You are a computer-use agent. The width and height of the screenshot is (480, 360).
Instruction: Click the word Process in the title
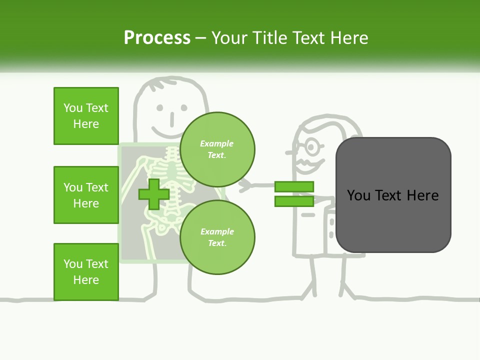[157, 38]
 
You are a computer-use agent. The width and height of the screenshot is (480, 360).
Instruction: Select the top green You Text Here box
[86, 116]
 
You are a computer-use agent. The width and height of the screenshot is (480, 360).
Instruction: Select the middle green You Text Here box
[86, 195]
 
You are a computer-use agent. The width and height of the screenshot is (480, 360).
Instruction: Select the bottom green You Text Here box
[86, 272]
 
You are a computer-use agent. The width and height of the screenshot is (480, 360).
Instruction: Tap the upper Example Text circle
[217, 149]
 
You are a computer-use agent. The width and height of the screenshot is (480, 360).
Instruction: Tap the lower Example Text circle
[217, 237]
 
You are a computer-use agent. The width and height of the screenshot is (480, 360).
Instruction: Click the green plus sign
[153, 194]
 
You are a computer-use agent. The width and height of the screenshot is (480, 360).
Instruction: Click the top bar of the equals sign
[294, 187]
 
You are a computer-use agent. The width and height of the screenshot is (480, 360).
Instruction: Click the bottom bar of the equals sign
[294, 201]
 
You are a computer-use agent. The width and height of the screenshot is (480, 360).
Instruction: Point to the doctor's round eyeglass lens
[312, 147]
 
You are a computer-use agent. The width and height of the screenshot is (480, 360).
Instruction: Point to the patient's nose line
[171, 119]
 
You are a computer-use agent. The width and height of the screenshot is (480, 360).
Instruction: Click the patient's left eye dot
[159, 107]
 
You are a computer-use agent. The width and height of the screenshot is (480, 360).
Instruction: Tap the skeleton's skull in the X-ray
[171, 153]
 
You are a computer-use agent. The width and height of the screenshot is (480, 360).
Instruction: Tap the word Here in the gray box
[422, 195]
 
